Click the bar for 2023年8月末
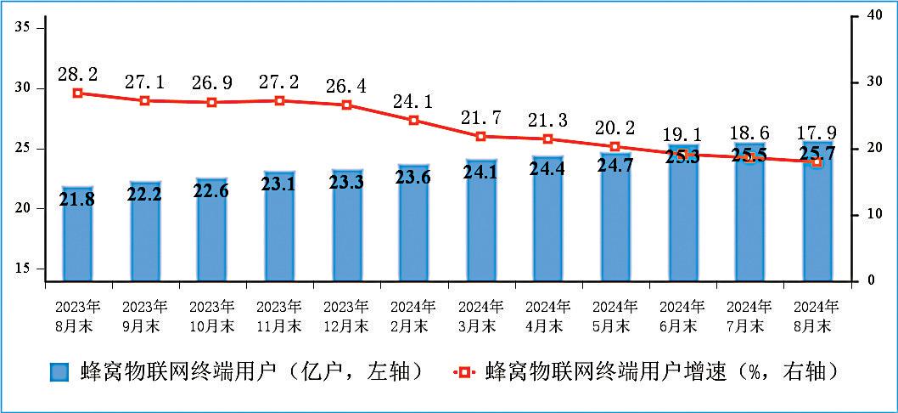tap(77, 234)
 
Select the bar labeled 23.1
tap(279, 226)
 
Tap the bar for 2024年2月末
tap(414, 223)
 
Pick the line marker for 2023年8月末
tap(77, 93)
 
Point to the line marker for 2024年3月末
tap(481, 136)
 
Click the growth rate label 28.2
tap(77, 74)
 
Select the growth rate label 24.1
tap(413, 102)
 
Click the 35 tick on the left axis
tap(23, 28)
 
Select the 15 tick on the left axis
tap(23, 269)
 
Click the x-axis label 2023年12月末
tap(346, 315)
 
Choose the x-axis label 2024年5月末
tap(615, 315)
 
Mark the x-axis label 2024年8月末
tap(817, 315)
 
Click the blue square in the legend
tap(59, 372)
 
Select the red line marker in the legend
tap(464, 372)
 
